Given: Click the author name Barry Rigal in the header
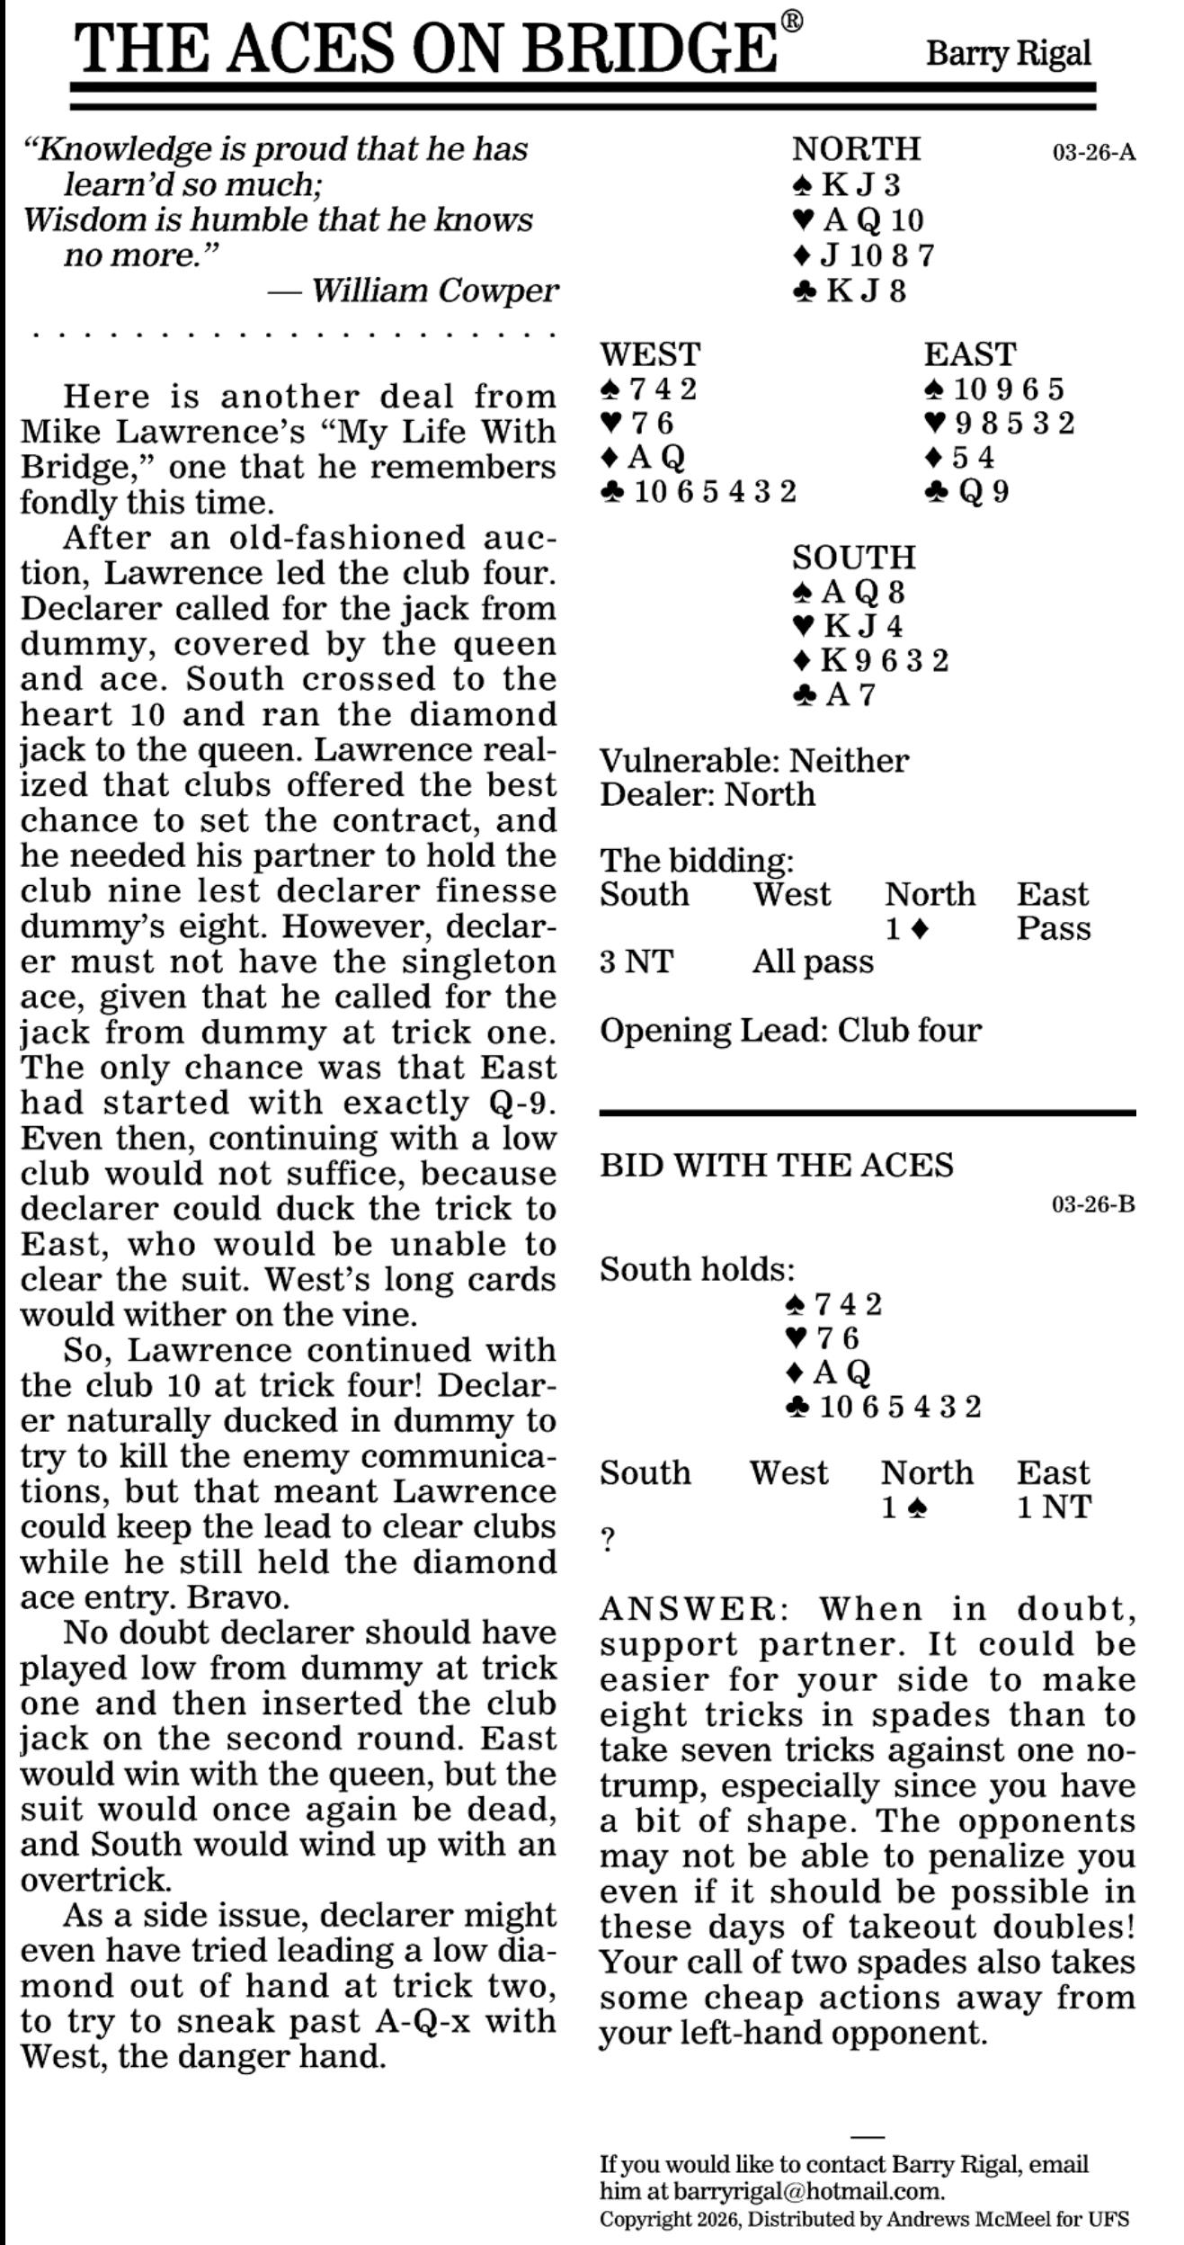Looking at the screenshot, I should pos(1008,54).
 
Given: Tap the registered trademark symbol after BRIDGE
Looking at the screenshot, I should pos(791,22).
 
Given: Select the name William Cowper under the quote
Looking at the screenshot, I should pos(434,291).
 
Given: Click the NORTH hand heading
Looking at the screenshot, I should pos(856,148).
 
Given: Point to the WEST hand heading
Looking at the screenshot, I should pos(650,354).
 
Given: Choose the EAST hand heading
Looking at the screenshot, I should pos(970,354).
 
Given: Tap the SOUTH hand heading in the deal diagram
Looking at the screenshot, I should pos(853,558).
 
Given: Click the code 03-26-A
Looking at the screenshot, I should pos(1093,152).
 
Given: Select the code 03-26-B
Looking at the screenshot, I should pos(1093,1204).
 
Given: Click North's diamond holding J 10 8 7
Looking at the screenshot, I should pos(865,256).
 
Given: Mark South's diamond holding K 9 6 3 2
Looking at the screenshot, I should pos(871,660).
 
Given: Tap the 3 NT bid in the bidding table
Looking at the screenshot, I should pos(636,962).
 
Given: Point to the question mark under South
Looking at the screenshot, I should pos(608,1541).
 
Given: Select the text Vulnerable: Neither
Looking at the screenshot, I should pos(753,761).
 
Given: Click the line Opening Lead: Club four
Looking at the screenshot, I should pos(790,1030).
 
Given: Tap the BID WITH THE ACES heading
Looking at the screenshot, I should pos(776,1165).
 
